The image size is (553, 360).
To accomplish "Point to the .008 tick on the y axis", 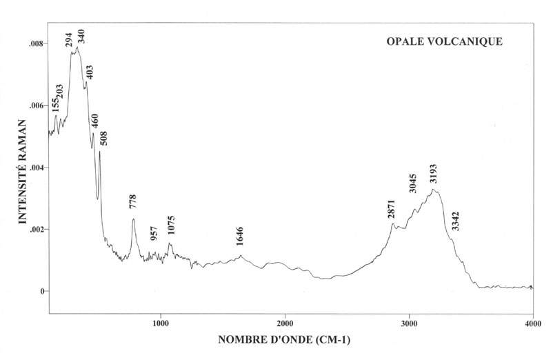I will tap(37, 43).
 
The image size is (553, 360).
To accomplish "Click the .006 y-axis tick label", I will tap(37, 105).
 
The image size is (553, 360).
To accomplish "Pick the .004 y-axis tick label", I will tap(37, 168).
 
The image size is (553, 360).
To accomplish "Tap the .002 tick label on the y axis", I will tap(37, 229).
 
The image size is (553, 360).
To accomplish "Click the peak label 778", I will tap(133, 202).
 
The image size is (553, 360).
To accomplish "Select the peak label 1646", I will tap(240, 236).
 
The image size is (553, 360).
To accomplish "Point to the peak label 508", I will tap(104, 138).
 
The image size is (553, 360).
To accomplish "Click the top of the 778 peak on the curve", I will tap(133, 219).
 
